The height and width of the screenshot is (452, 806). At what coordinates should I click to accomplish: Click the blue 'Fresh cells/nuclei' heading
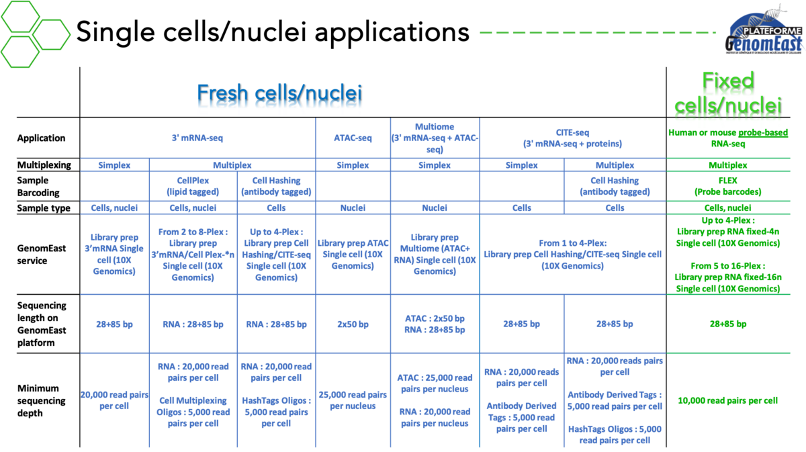pos(279,96)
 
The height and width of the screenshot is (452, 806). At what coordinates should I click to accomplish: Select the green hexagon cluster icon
pos(34,33)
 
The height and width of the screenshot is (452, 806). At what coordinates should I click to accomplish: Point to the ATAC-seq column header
pos(353,138)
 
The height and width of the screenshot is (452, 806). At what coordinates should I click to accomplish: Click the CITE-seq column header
pos(573,138)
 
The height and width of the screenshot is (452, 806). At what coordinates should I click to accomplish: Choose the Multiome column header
pos(434,138)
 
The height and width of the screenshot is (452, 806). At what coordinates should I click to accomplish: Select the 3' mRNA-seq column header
pos(197,138)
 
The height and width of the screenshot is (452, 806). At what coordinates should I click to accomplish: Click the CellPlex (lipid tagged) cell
pos(193,186)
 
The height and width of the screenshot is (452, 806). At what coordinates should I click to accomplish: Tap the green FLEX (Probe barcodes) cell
pos(728,186)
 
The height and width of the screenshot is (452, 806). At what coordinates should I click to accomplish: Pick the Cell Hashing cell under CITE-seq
pos(615,186)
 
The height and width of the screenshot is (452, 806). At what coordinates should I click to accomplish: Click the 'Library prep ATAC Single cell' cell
pos(353,255)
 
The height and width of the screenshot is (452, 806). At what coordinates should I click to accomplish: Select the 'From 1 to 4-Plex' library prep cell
pos(573,255)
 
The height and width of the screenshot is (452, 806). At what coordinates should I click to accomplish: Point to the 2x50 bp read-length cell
pos(353,324)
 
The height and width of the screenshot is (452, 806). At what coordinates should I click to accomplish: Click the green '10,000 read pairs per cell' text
pos(728,400)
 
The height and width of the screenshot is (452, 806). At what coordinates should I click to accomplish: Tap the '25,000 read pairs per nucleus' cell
pos(353,400)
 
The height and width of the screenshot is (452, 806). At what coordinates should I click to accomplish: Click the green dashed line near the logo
pos(598,32)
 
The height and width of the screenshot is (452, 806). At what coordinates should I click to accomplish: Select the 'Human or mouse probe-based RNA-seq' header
pos(728,138)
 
